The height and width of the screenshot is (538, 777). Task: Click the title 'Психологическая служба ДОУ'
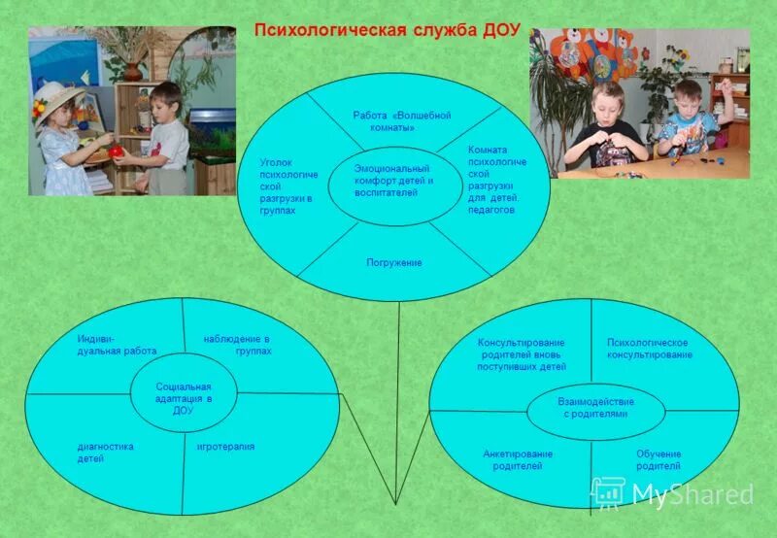pyautogui.click(x=388, y=29)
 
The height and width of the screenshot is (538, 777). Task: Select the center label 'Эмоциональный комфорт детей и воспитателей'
pyautogui.click(x=393, y=181)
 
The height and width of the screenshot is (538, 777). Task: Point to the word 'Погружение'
pyautogui.click(x=393, y=263)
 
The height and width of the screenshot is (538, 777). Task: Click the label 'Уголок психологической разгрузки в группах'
pyautogui.click(x=288, y=186)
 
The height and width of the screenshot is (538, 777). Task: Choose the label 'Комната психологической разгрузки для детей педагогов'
pyautogui.click(x=496, y=180)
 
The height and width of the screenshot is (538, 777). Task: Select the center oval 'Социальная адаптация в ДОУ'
pyautogui.click(x=184, y=398)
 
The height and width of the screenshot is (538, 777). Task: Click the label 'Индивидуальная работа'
pyautogui.click(x=117, y=345)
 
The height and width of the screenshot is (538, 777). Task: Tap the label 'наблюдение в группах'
pyautogui.click(x=237, y=345)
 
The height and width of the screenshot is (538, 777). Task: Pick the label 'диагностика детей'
pyautogui.click(x=105, y=452)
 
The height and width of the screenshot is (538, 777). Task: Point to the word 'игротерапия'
pyautogui.click(x=225, y=447)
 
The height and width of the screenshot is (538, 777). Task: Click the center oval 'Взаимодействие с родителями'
pyautogui.click(x=595, y=408)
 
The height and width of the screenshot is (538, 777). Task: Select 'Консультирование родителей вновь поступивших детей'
pyautogui.click(x=521, y=355)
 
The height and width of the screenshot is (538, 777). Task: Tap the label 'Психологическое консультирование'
pyautogui.click(x=649, y=349)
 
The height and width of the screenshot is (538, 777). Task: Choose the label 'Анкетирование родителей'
pyautogui.click(x=518, y=460)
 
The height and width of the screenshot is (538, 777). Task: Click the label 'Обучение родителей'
pyautogui.click(x=659, y=460)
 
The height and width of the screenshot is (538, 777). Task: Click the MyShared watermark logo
pyautogui.click(x=672, y=493)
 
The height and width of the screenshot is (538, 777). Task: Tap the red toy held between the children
pyautogui.click(x=117, y=151)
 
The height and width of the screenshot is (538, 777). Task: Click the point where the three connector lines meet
pyautogui.click(x=396, y=503)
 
